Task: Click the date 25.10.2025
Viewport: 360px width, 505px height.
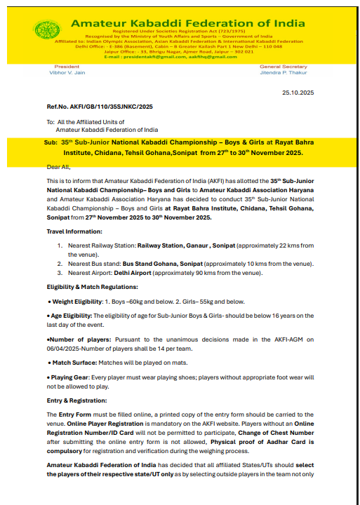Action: (x=298, y=92)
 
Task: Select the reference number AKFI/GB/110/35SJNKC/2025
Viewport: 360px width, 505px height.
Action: (x=99, y=107)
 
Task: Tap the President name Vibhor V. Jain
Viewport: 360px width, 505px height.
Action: (x=66, y=73)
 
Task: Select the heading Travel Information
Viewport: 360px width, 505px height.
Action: (x=74, y=231)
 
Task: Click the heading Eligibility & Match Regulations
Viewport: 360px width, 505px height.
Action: (x=91, y=287)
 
